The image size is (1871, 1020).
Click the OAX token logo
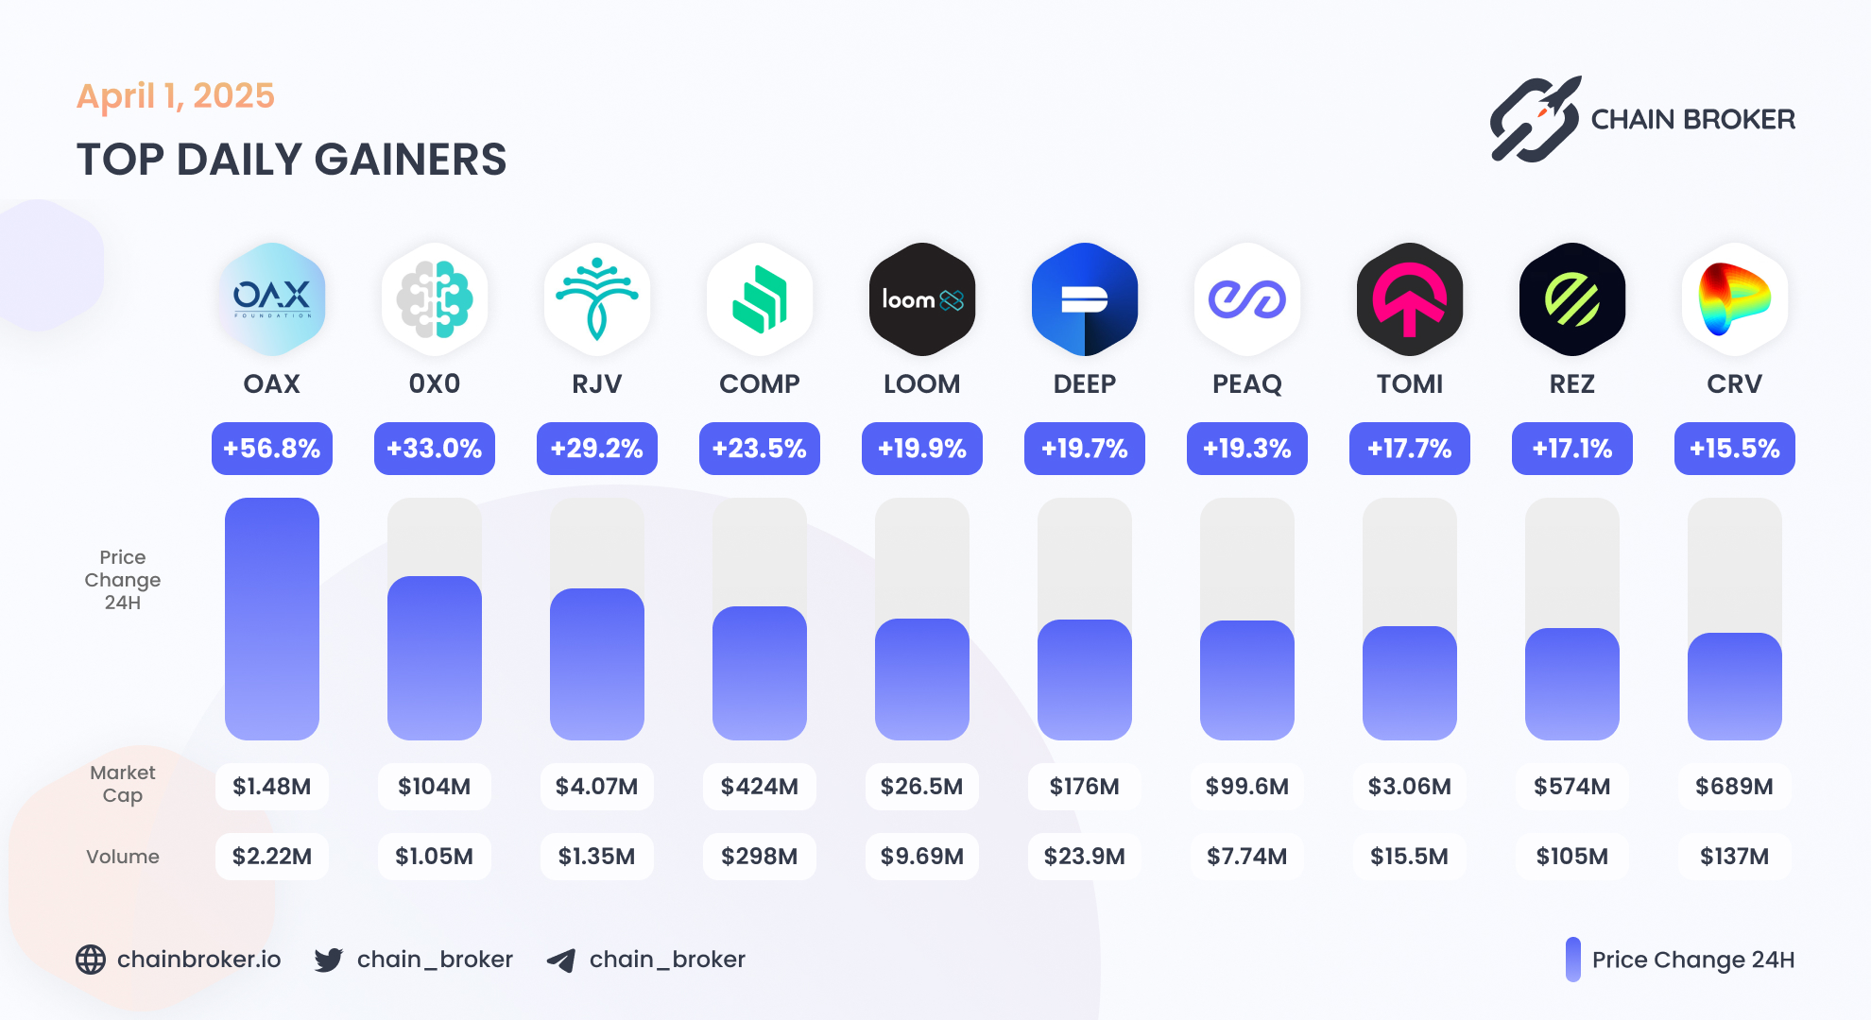pos(272,299)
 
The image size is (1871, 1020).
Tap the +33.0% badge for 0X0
pos(435,449)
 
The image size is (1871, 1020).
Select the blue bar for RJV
pos(597,663)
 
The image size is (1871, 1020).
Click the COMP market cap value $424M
pos(760,787)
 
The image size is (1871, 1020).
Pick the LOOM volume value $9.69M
pos(922,857)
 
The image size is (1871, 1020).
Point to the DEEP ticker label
pos(1085,384)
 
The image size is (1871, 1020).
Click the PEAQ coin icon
pos(1247,299)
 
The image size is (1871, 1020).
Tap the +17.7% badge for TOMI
pos(1410,449)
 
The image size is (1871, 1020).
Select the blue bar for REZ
pos(1572,683)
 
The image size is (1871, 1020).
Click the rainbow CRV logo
pos(1735,299)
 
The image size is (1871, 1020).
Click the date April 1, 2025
pos(176,96)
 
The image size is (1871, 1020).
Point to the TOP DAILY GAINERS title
pos(291,160)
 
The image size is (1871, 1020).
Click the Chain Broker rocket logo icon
pos(1536,120)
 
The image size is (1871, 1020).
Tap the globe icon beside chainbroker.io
pos(91,960)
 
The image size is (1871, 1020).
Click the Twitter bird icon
pos(329,960)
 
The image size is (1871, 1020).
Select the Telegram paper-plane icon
pos(561,960)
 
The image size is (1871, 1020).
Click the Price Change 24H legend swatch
pos(1573,960)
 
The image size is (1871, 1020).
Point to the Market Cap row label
pos(123,784)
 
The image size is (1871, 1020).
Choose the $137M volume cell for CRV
pos(1735,857)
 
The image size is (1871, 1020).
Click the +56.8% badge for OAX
pos(272,449)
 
